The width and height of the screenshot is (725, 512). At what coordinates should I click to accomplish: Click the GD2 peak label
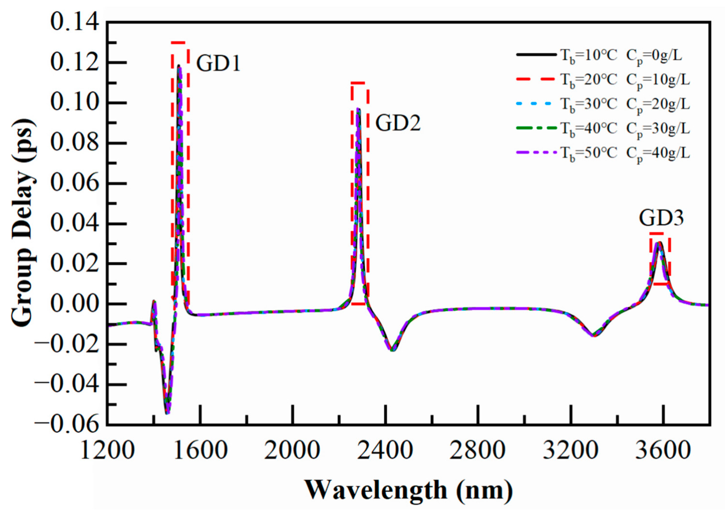[x=398, y=123]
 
